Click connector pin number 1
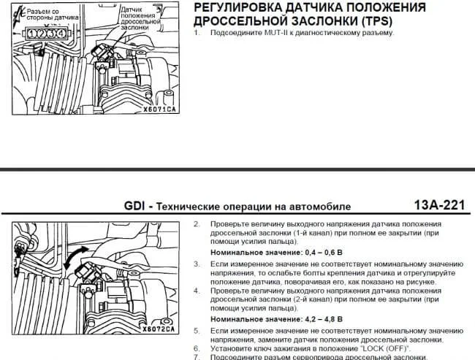pos(31,34)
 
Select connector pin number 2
pos(41,34)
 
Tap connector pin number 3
pos(51,34)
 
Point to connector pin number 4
pos(61,34)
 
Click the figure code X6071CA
pos(159,110)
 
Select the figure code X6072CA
pos(159,329)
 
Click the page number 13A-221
pos(439,205)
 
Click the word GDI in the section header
pos(134,206)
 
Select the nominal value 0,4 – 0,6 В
pos(324,252)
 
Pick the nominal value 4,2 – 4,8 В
pos(324,319)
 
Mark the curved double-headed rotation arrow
pos(76,257)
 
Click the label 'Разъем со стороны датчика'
pos(52,14)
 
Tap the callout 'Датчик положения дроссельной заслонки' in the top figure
pos(140,18)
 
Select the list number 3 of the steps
pos(197,264)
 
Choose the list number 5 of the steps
pos(197,331)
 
